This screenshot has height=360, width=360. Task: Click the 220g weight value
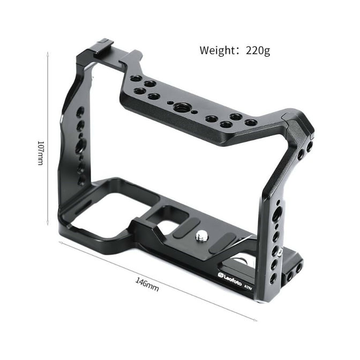258,51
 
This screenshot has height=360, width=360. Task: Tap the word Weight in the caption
216,51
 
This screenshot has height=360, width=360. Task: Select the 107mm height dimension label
40,153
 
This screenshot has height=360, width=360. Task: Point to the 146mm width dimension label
147,284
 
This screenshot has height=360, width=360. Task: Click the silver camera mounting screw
201,236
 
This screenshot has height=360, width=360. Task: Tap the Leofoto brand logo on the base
230,280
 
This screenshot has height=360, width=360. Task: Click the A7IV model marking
248,287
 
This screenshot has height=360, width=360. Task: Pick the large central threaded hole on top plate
180,108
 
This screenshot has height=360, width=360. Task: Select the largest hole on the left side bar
81,145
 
